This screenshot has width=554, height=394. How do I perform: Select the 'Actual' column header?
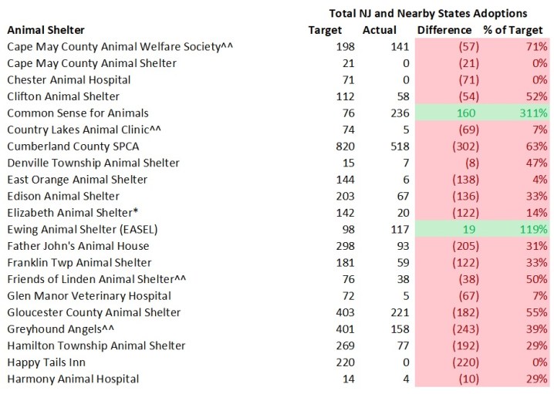tap(379, 30)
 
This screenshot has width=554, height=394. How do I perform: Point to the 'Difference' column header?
tap(444, 30)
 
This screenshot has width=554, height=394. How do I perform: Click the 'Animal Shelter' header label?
tap(46, 30)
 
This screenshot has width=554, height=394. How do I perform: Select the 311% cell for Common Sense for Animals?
tap(532, 113)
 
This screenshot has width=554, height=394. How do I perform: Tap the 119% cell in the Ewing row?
tap(532, 229)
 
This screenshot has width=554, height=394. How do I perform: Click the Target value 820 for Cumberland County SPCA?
tap(330, 146)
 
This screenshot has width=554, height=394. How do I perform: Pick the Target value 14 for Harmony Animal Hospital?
tap(333, 379)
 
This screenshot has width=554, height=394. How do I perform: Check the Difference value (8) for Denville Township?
tap(462, 163)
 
